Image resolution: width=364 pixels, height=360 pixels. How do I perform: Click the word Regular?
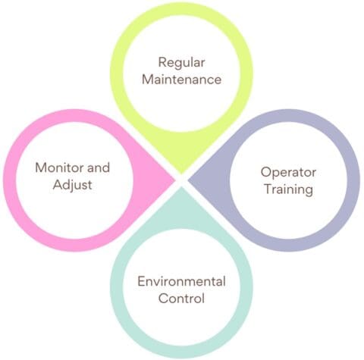point(181,61)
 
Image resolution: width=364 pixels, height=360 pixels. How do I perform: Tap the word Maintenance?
point(181,79)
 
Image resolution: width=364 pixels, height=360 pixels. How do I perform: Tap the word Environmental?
point(181,281)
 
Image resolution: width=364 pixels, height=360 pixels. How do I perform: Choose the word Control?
point(181,299)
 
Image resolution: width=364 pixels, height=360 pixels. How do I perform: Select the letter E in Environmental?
point(141,281)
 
